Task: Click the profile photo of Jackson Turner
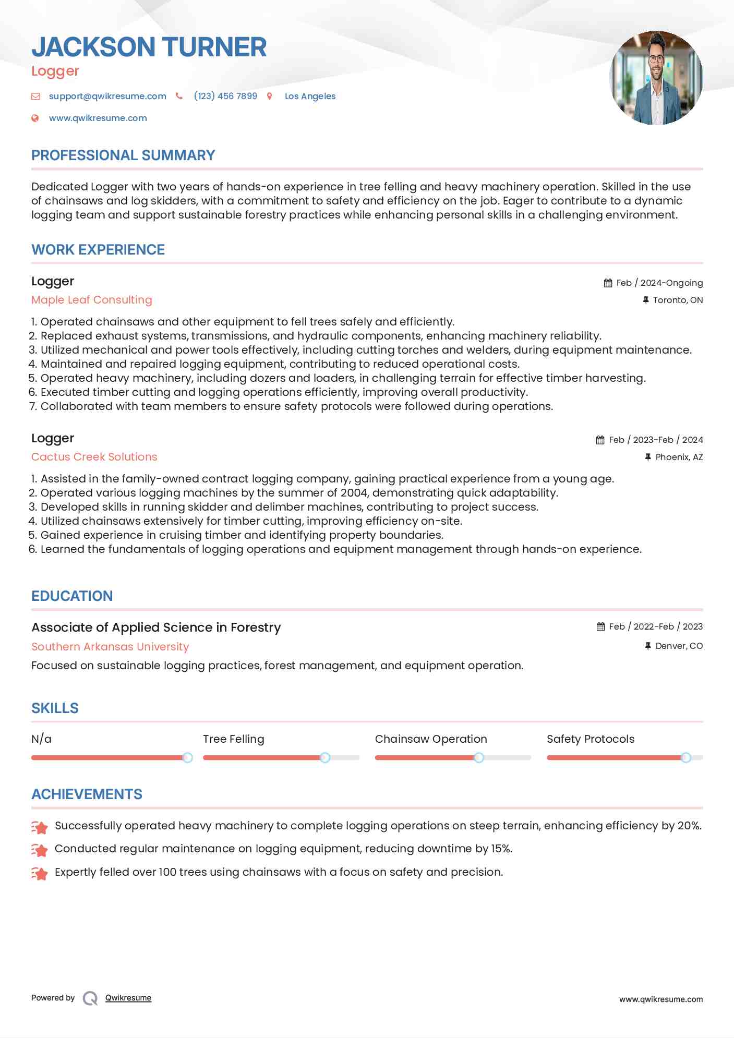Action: click(x=656, y=78)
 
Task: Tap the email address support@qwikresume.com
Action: click(x=107, y=96)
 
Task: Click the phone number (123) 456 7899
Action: click(x=225, y=96)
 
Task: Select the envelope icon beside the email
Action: click(x=35, y=96)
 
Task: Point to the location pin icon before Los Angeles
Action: click(x=270, y=96)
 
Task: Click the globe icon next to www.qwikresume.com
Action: click(x=35, y=118)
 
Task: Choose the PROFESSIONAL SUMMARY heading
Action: click(x=123, y=155)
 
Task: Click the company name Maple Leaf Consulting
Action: click(x=92, y=300)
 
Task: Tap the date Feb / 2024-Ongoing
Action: click(x=659, y=283)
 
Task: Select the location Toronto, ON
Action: click(x=678, y=300)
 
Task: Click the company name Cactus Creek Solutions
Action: click(x=94, y=457)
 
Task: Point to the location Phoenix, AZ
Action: click(x=679, y=457)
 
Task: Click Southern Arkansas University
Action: click(x=110, y=647)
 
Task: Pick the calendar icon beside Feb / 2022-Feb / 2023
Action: click(x=601, y=627)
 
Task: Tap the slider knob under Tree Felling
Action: click(x=325, y=757)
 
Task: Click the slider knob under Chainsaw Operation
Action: click(x=478, y=757)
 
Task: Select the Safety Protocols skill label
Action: click(x=591, y=739)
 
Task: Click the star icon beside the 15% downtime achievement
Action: click(x=40, y=850)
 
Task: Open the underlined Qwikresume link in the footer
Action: click(x=128, y=998)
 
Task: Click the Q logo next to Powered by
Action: click(x=90, y=998)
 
